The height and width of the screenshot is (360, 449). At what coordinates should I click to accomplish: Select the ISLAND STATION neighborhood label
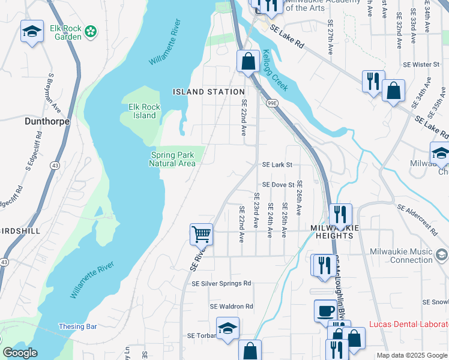208,92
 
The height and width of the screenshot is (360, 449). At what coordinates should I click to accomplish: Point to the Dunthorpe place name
47,121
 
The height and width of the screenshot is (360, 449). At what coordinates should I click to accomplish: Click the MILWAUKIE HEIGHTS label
334,232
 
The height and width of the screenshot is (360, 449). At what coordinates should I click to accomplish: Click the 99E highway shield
272,103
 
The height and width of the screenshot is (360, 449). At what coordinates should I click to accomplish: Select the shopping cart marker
201,233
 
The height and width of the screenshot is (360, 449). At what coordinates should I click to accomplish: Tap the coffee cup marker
325,310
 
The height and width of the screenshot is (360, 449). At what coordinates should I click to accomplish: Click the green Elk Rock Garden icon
91,31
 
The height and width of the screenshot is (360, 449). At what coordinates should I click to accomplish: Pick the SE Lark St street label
277,164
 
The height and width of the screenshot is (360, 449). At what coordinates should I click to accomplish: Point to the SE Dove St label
278,185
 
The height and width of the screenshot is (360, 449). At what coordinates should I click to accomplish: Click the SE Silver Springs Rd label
221,283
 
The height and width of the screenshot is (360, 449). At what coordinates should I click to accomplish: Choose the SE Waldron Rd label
232,306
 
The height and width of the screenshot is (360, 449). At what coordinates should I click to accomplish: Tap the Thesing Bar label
77,326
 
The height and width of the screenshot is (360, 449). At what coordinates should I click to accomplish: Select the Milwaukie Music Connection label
402,256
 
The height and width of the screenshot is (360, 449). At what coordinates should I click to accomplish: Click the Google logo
20,353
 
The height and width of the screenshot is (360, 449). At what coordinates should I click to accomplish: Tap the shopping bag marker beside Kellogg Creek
247,61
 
